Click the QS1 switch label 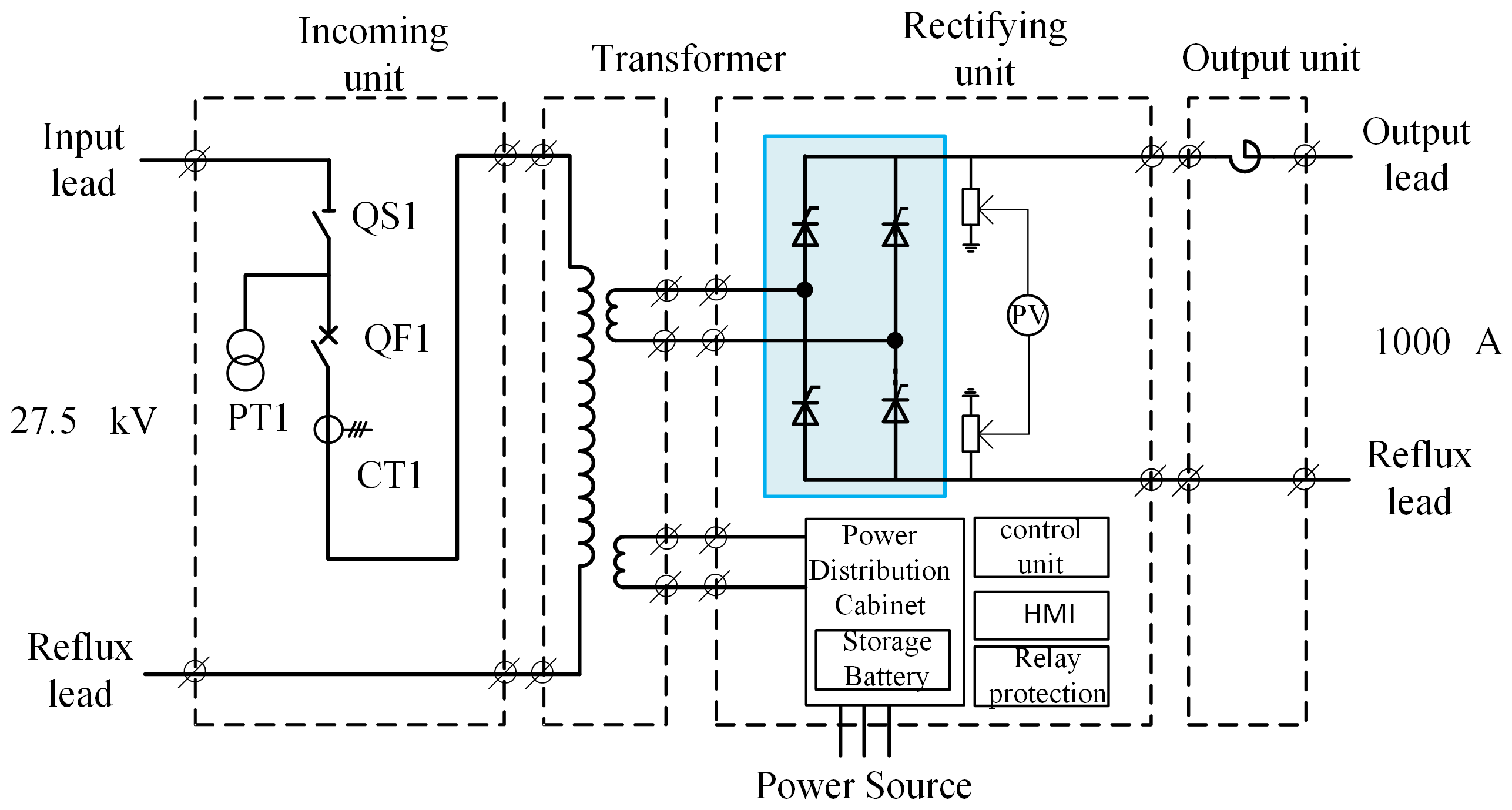384,216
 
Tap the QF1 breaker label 397,339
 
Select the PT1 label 258,418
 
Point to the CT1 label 390,475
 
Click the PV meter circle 1028,315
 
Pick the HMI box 1041,615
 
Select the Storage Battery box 883,660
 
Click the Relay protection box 1041,676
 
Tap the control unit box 1041,547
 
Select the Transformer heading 689,59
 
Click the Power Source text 863,785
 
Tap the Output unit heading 1271,58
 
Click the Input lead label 83,160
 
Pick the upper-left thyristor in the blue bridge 805,230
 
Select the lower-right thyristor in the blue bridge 895,406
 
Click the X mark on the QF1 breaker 328,335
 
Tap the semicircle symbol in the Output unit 1246,156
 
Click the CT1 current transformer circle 328,429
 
